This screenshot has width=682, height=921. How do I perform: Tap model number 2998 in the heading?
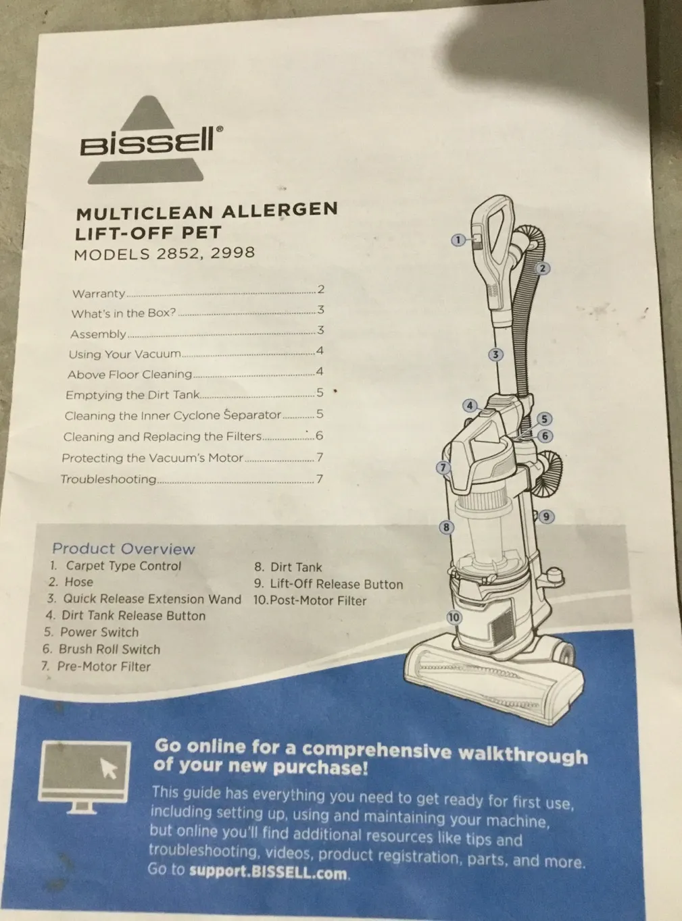[x=233, y=253]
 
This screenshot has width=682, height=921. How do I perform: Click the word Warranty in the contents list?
[x=99, y=294]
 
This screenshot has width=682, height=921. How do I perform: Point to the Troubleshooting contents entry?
[x=109, y=479]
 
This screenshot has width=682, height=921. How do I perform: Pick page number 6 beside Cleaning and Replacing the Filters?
[x=320, y=435]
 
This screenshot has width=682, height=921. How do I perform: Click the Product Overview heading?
[x=124, y=548]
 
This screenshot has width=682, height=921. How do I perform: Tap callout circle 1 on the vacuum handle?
[x=458, y=240]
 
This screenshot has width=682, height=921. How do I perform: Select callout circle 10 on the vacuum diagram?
[x=454, y=617]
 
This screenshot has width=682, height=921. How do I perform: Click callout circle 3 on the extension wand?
[x=495, y=354]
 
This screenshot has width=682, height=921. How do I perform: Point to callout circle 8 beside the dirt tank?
[x=446, y=527]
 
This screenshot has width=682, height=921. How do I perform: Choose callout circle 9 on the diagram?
[x=546, y=517]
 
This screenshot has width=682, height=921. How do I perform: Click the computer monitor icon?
[x=84, y=777]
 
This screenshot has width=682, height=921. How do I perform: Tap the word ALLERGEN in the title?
[x=279, y=210]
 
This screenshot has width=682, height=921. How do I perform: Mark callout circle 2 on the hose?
[x=542, y=268]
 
